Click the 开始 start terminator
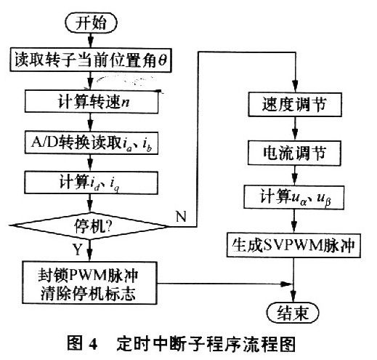click(91, 23)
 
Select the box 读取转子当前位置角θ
click(91, 60)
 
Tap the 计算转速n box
click(92, 101)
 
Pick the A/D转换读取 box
click(92, 143)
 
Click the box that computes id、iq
click(91, 183)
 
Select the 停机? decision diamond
click(89, 226)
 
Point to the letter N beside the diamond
click(181, 217)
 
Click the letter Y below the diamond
click(78, 249)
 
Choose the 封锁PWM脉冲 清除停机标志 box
click(89, 283)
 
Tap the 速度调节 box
click(295, 105)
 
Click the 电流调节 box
click(294, 153)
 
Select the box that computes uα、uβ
click(294, 197)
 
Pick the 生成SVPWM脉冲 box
click(293, 245)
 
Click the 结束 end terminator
click(293, 313)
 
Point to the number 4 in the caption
click(93, 344)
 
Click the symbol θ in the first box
click(163, 60)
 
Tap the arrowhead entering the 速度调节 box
click(295, 87)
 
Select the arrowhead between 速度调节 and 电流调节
click(295, 135)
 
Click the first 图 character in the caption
click(75, 343)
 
